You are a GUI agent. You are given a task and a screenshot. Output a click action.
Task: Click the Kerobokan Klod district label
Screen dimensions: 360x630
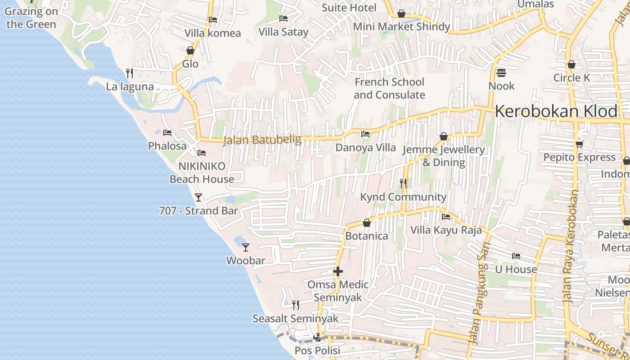556,112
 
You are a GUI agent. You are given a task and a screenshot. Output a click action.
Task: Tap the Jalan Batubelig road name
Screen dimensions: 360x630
262,140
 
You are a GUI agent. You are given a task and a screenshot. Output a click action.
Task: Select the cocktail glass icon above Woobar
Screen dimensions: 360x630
245,247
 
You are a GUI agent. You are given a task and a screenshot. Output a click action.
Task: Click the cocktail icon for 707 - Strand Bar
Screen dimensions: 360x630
198,197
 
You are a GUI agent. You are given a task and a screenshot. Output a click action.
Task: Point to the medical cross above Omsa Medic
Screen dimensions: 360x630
338,271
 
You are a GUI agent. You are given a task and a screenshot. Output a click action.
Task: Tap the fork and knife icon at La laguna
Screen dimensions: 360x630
129,73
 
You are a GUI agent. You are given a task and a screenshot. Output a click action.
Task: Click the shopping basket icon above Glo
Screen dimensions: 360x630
190,50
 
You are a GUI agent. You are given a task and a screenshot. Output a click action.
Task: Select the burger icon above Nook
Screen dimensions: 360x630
501,72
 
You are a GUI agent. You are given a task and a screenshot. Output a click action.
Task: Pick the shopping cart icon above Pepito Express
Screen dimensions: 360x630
579,144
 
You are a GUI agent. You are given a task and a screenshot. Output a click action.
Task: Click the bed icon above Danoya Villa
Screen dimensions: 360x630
365,134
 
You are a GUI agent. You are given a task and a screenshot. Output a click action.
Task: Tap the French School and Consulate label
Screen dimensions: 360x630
389,88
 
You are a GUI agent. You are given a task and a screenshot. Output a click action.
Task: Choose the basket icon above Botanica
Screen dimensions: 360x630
367,223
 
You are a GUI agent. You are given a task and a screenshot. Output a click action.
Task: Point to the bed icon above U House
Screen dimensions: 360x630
516,256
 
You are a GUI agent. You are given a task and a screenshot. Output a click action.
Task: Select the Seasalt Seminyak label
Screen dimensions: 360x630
295,319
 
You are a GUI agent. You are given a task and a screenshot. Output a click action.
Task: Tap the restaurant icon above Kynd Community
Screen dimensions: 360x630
403,183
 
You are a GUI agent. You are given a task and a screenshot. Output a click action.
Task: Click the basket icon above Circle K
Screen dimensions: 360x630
571,64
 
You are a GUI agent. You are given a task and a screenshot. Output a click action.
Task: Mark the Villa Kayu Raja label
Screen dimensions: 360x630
446,230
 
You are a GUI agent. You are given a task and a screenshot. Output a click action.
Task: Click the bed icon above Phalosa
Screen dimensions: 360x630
167,133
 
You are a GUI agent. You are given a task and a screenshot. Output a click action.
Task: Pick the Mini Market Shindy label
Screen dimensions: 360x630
401,27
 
